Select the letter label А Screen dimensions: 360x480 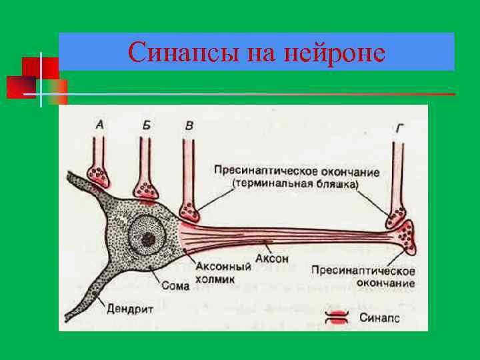coord(99,123)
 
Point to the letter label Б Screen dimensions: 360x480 coord(146,124)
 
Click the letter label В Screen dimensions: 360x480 coord(189,124)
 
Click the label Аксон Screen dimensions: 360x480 coord(268,258)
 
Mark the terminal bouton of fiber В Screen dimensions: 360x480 coord(190,212)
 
